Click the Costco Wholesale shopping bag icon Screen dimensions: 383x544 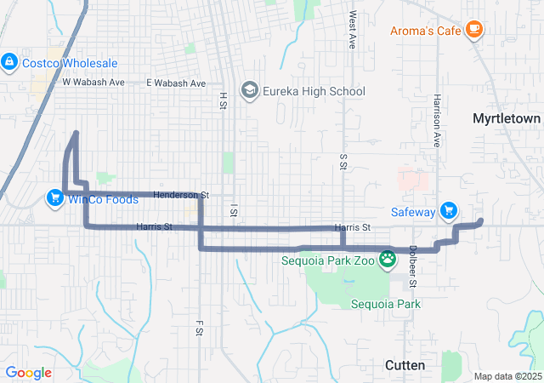tap(9, 63)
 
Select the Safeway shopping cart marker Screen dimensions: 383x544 tap(450, 212)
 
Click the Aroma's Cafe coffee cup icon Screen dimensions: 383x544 tap(474, 31)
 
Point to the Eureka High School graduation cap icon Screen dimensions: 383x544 tap(250, 91)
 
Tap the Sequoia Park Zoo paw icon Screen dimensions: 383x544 tap(388, 259)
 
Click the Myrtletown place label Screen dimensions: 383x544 tap(507, 119)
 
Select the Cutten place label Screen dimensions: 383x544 tap(405, 364)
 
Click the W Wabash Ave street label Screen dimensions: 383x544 tap(93, 83)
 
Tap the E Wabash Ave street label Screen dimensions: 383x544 tap(176, 83)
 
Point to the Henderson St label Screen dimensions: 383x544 tap(181, 195)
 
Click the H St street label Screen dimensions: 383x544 tap(224, 101)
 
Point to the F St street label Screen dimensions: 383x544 tap(200, 329)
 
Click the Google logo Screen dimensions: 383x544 tap(29, 373)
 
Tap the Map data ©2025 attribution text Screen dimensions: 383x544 tap(507, 376)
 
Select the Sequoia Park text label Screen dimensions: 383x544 tap(385, 303)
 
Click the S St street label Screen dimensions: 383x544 tap(343, 163)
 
